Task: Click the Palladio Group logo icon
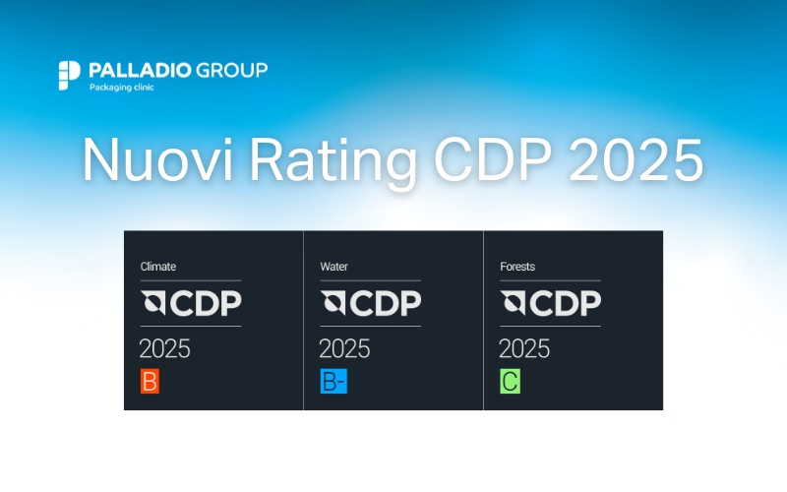click(69, 75)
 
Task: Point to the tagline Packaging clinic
click(121, 88)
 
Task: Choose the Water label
click(334, 266)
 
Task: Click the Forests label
click(518, 266)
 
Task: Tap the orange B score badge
click(150, 382)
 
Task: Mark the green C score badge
click(510, 382)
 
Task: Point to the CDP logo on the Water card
click(370, 303)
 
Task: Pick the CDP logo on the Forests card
click(550, 303)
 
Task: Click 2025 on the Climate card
click(164, 348)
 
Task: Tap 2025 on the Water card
click(344, 348)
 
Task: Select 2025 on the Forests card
click(524, 348)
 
